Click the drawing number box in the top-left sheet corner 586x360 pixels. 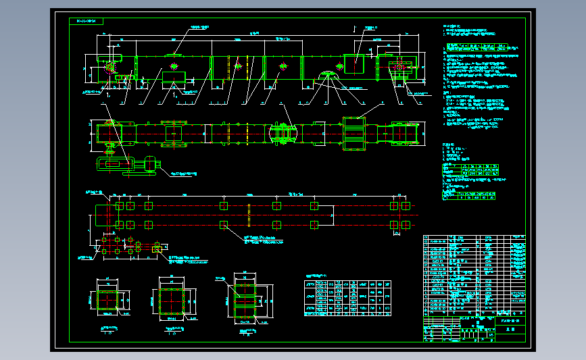(86, 22)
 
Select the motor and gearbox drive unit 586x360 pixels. (128, 164)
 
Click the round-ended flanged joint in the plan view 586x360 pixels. (283, 132)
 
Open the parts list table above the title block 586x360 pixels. (474, 274)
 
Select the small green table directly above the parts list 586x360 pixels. (470, 195)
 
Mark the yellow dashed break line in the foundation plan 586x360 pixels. (250, 215)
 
